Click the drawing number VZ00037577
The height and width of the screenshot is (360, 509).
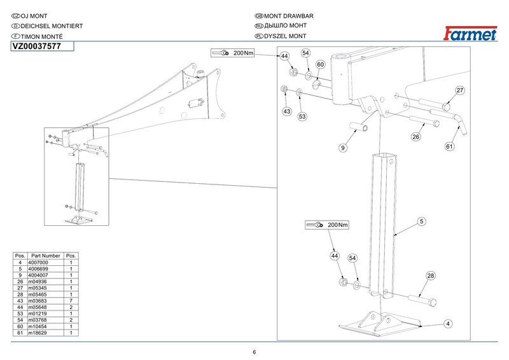37,46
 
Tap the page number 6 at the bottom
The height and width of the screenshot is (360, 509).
254,352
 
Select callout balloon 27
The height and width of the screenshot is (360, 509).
460,90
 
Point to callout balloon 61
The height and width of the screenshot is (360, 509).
449,146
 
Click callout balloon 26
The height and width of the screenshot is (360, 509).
416,136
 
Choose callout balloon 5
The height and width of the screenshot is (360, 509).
421,221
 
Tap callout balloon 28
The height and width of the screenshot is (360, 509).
431,276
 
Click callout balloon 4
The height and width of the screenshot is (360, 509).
449,324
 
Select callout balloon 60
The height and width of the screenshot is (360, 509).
321,65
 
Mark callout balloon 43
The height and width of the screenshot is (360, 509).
287,111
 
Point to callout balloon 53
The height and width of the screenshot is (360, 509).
302,116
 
